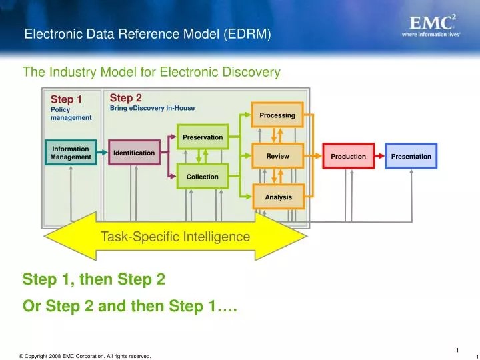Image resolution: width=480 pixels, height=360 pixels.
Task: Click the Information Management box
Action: tap(71, 153)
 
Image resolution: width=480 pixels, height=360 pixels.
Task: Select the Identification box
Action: tap(133, 153)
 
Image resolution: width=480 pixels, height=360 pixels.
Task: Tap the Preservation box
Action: tap(203, 137)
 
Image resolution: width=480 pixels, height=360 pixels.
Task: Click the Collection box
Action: tap(203, 177)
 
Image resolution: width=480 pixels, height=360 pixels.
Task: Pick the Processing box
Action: tap(277, 115)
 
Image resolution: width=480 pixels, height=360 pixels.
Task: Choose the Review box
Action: tap(277, 156)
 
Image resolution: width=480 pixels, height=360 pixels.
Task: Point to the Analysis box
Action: tap(277, 197)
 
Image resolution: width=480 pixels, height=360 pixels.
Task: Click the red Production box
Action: tap(349, 157)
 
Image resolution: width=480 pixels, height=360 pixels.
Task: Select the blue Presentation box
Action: tap(411, 157)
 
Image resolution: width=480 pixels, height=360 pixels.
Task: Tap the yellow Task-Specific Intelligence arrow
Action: tap(175, 237)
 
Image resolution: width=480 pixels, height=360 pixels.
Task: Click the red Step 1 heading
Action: tap(66, 100)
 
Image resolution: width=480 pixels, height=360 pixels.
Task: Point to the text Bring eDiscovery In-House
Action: tap(152, 108)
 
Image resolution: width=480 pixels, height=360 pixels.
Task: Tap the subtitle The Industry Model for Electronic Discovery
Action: tap(151, 71)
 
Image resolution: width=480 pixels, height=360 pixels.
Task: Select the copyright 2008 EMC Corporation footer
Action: tap(85, 356)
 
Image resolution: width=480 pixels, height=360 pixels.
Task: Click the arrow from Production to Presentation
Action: tap(378, 157)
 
